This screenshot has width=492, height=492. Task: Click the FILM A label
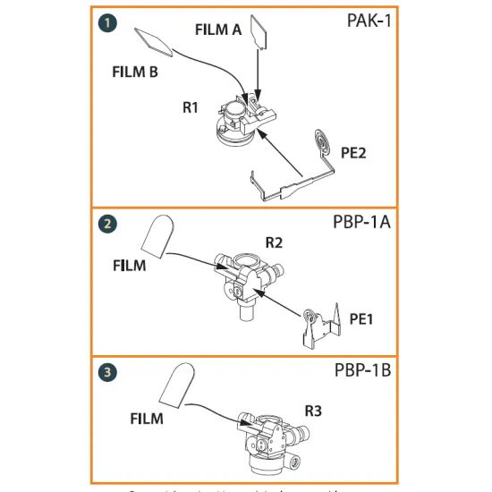tap(218, 30)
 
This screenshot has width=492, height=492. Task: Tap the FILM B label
tap(135, 71)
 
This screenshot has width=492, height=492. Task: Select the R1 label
tap(189, 107)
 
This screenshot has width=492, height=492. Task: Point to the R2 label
tap(274, 242)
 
